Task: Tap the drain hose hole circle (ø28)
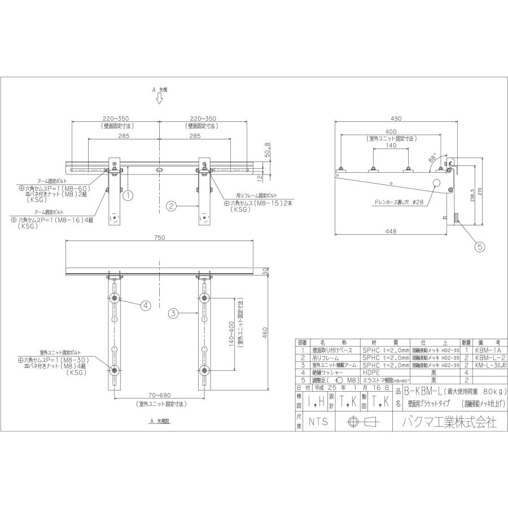coord(436,183)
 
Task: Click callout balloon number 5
coord(479,246)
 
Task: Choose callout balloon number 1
coord(128,196)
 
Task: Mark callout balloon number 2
coord(173,206)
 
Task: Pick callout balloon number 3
coord(174,312)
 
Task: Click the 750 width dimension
coord(159,238)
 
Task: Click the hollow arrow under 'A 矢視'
coord(159,99)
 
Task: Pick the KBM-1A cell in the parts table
coord(488,351)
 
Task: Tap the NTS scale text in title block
coord(317,421)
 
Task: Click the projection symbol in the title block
coord(361,421)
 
